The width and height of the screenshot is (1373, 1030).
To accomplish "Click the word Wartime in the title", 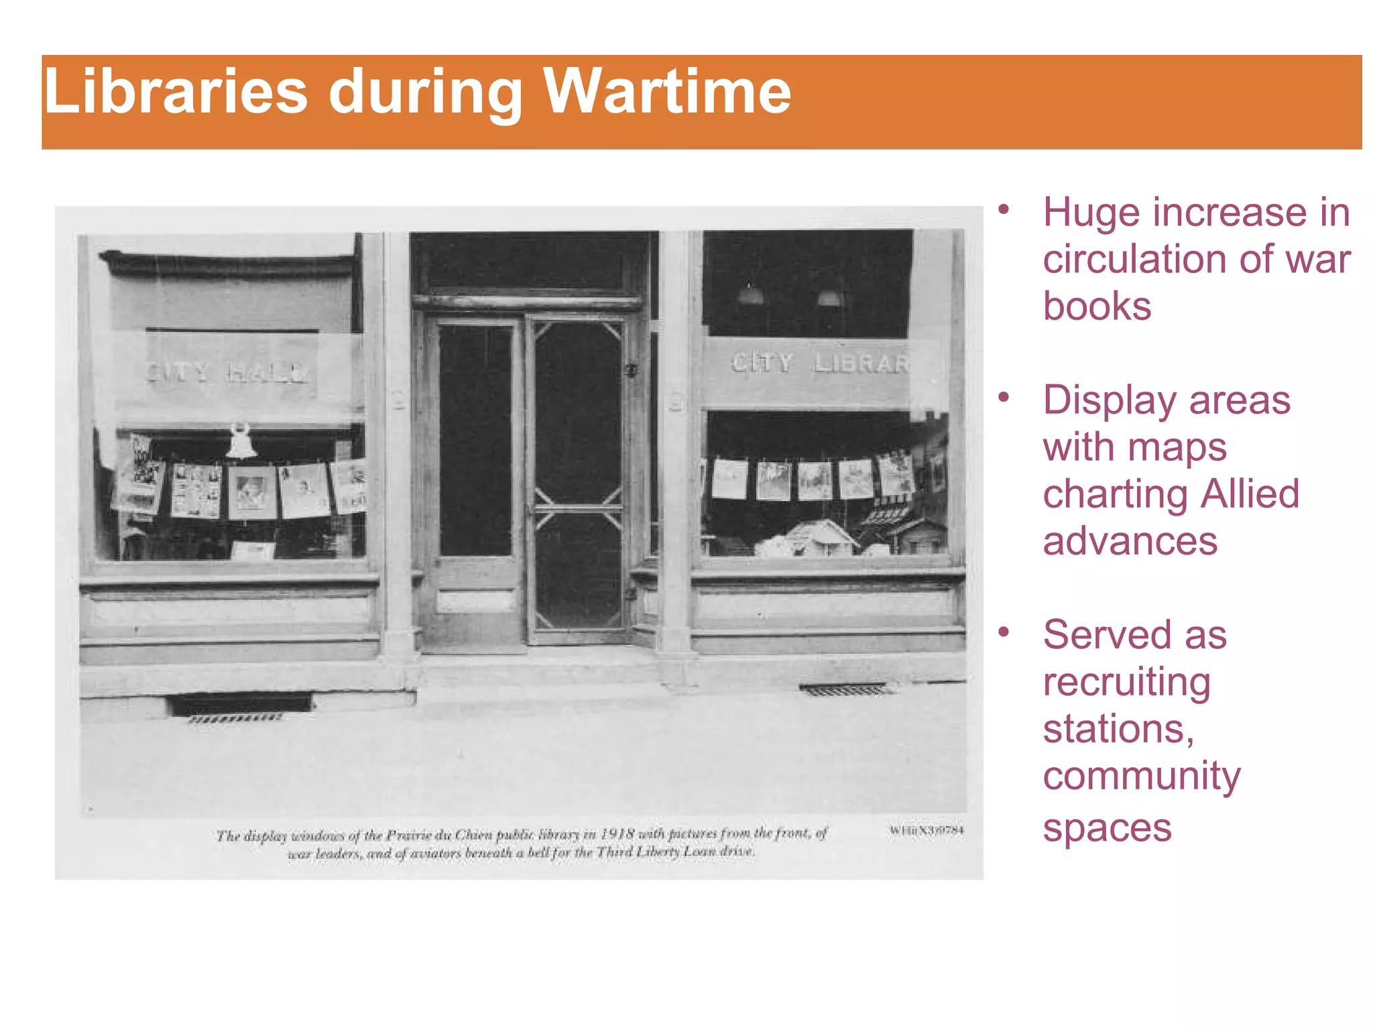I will [x=667, y=92].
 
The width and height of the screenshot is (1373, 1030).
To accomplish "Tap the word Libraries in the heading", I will [x=176, y=92].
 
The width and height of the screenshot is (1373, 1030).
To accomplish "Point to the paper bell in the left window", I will [x=241, y=441].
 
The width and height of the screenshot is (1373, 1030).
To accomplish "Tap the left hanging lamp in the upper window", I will [x=750, y=294].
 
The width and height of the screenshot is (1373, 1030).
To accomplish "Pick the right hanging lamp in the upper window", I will [x=829, y=297].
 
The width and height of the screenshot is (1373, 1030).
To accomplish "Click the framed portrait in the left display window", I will [x=252, y=493].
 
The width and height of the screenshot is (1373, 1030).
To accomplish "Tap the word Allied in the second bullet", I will [x=1250, y=495].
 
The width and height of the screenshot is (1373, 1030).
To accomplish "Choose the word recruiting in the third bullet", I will [x=1126, y=683].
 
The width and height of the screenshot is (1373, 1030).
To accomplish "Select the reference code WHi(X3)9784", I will [x=927, y=830].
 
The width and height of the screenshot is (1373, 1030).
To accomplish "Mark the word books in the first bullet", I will [x=1097, y=307].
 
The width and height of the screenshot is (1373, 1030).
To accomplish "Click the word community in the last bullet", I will [x=1142, y=777].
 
